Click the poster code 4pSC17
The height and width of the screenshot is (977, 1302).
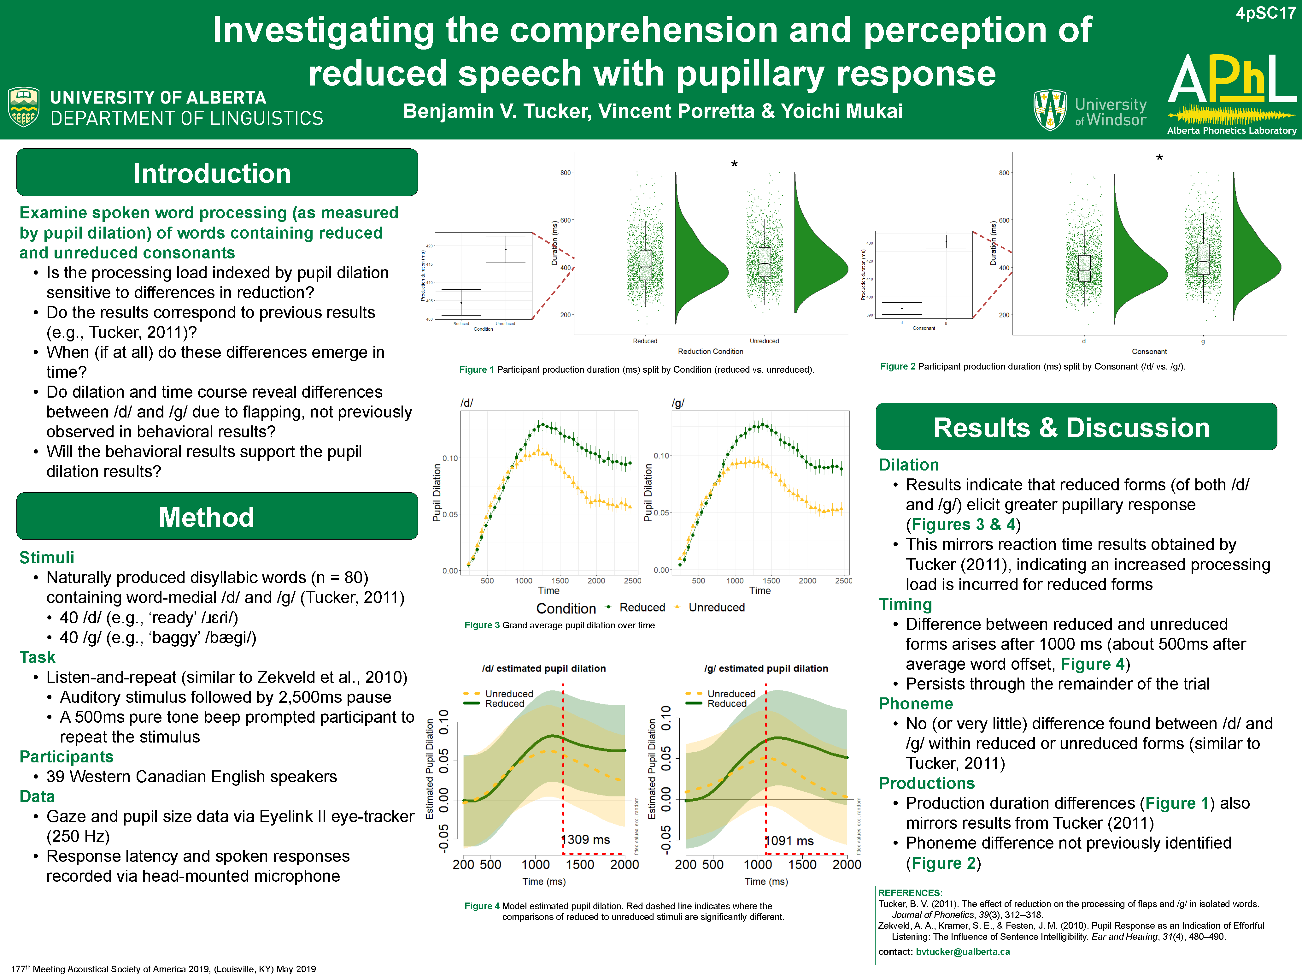(x=1265, y=13)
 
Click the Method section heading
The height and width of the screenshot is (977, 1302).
(x=207, y=517)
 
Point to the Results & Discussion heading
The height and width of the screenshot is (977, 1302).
(x=1071, y=428)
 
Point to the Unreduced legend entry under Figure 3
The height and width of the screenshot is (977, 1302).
(x=716, y=607)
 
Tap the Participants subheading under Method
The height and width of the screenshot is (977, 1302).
(x=67, y=757)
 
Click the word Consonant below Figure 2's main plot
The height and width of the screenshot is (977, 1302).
(x=1149, y=352)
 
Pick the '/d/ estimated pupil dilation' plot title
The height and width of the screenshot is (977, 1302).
(x=544, y=668)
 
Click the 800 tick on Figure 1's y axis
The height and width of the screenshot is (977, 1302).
(x=565, y=173)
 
